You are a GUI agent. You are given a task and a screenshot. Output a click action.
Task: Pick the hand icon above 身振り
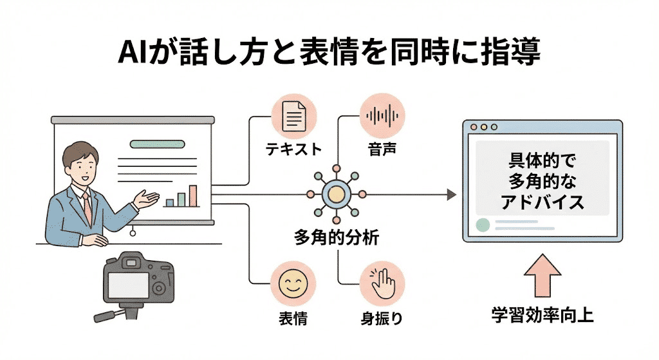382,284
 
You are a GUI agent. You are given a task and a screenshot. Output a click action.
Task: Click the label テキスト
293,150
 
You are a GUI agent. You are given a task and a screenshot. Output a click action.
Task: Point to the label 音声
382,150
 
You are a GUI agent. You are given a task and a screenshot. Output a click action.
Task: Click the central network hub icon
335,194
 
